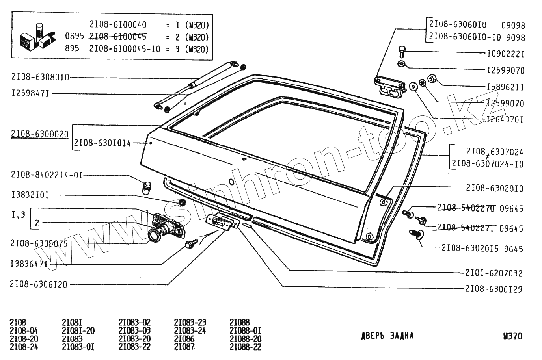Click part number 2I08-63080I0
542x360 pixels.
pos(40,78)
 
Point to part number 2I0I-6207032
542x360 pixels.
pos(494,273)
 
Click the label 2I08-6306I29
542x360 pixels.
pos(494,289)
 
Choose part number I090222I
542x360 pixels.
pos(506,54)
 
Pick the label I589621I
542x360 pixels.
pos(506,87)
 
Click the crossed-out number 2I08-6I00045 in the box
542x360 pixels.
pos(118,37)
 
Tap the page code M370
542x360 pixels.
pos(512,336)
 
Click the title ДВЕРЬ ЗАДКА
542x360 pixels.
pos(387,336)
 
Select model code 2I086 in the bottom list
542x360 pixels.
pos(183,339)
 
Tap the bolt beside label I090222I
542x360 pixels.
pos(402,51)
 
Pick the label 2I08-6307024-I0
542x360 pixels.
pos(488,164)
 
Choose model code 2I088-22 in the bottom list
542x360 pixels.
pos(245,347)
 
